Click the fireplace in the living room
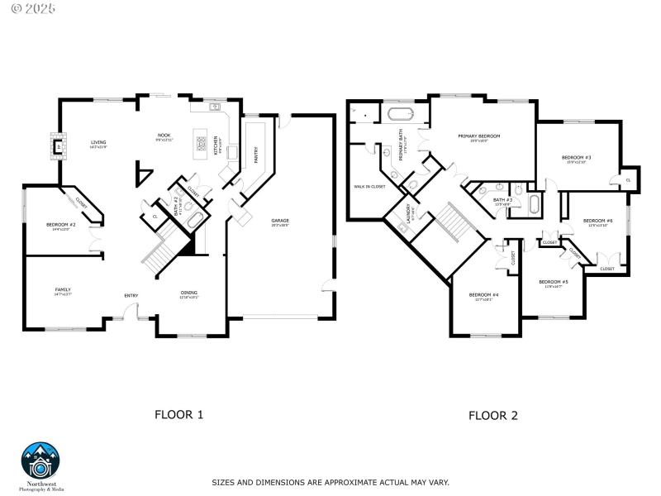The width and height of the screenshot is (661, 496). coord(57,146)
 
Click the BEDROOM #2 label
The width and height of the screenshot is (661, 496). coord(62,225)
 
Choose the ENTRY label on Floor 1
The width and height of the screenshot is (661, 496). coord(131,295)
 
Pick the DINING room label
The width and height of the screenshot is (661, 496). coord(189,293)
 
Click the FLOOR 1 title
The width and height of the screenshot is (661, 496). coord(178,415)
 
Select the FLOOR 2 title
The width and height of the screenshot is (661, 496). coord(493,415)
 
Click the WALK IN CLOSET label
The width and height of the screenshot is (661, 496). coord(369,186)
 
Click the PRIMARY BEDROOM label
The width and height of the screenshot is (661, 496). coord(479,136)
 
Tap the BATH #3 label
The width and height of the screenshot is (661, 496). coord(503,200)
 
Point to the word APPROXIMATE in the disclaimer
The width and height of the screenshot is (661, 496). coord(347,481)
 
